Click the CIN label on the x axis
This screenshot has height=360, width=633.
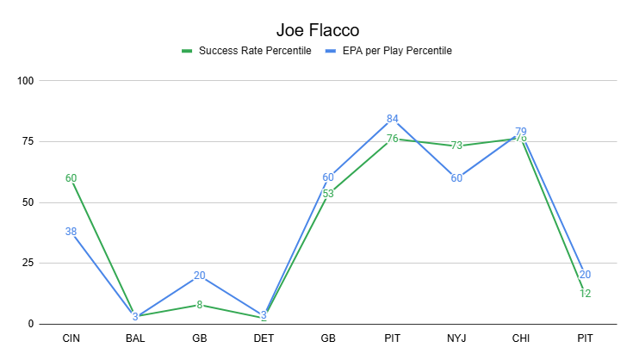[x=71, y=339]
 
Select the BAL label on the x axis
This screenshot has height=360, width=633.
[x=135, y=339]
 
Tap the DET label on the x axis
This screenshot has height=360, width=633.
[x=264, y=339]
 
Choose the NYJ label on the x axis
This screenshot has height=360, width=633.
[x=456, y=339]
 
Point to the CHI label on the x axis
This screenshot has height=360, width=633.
[x=521, y=339]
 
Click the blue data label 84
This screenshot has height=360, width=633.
[x=393, y=119]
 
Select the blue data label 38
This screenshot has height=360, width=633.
[x=71, y=231]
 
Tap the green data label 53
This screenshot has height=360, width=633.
[x=328, y=194]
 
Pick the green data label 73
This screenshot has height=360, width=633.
[x=456, y=146]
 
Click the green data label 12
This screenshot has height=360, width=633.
[x=585, y=294]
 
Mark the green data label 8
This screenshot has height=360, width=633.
[x=200, y=304]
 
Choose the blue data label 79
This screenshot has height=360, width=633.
[x=521, y=132]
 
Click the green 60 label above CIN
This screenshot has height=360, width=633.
[x=71, y=178]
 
